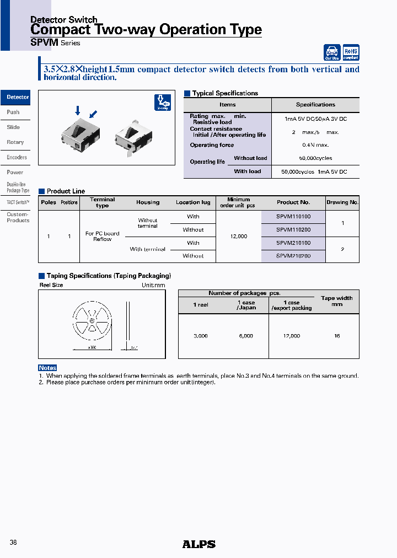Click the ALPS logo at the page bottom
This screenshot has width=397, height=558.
(198, 544)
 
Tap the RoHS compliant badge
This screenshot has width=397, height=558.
(351, 52)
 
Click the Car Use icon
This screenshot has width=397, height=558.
(332, 52)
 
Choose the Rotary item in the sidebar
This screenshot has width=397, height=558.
(15, 142)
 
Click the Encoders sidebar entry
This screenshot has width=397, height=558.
(17, 157)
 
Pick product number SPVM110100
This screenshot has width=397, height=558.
(293, 217)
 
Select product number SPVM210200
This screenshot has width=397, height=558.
(293, 256)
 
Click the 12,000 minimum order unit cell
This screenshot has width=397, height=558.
(238, 236)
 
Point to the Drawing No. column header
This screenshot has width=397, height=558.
(342, 202)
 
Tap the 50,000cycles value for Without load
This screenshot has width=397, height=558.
(315, 158)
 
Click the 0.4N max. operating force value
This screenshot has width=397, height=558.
(315, 145)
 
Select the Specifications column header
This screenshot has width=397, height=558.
(315, 105)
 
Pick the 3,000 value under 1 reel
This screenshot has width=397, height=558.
(201, 336)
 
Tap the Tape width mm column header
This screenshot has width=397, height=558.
(337, 301)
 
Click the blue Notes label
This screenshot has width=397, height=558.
(47, 368)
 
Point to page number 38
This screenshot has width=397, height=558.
(14, 543)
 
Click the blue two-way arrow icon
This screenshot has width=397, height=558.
(162, 103)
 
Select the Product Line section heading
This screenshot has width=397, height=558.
(66, 191)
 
